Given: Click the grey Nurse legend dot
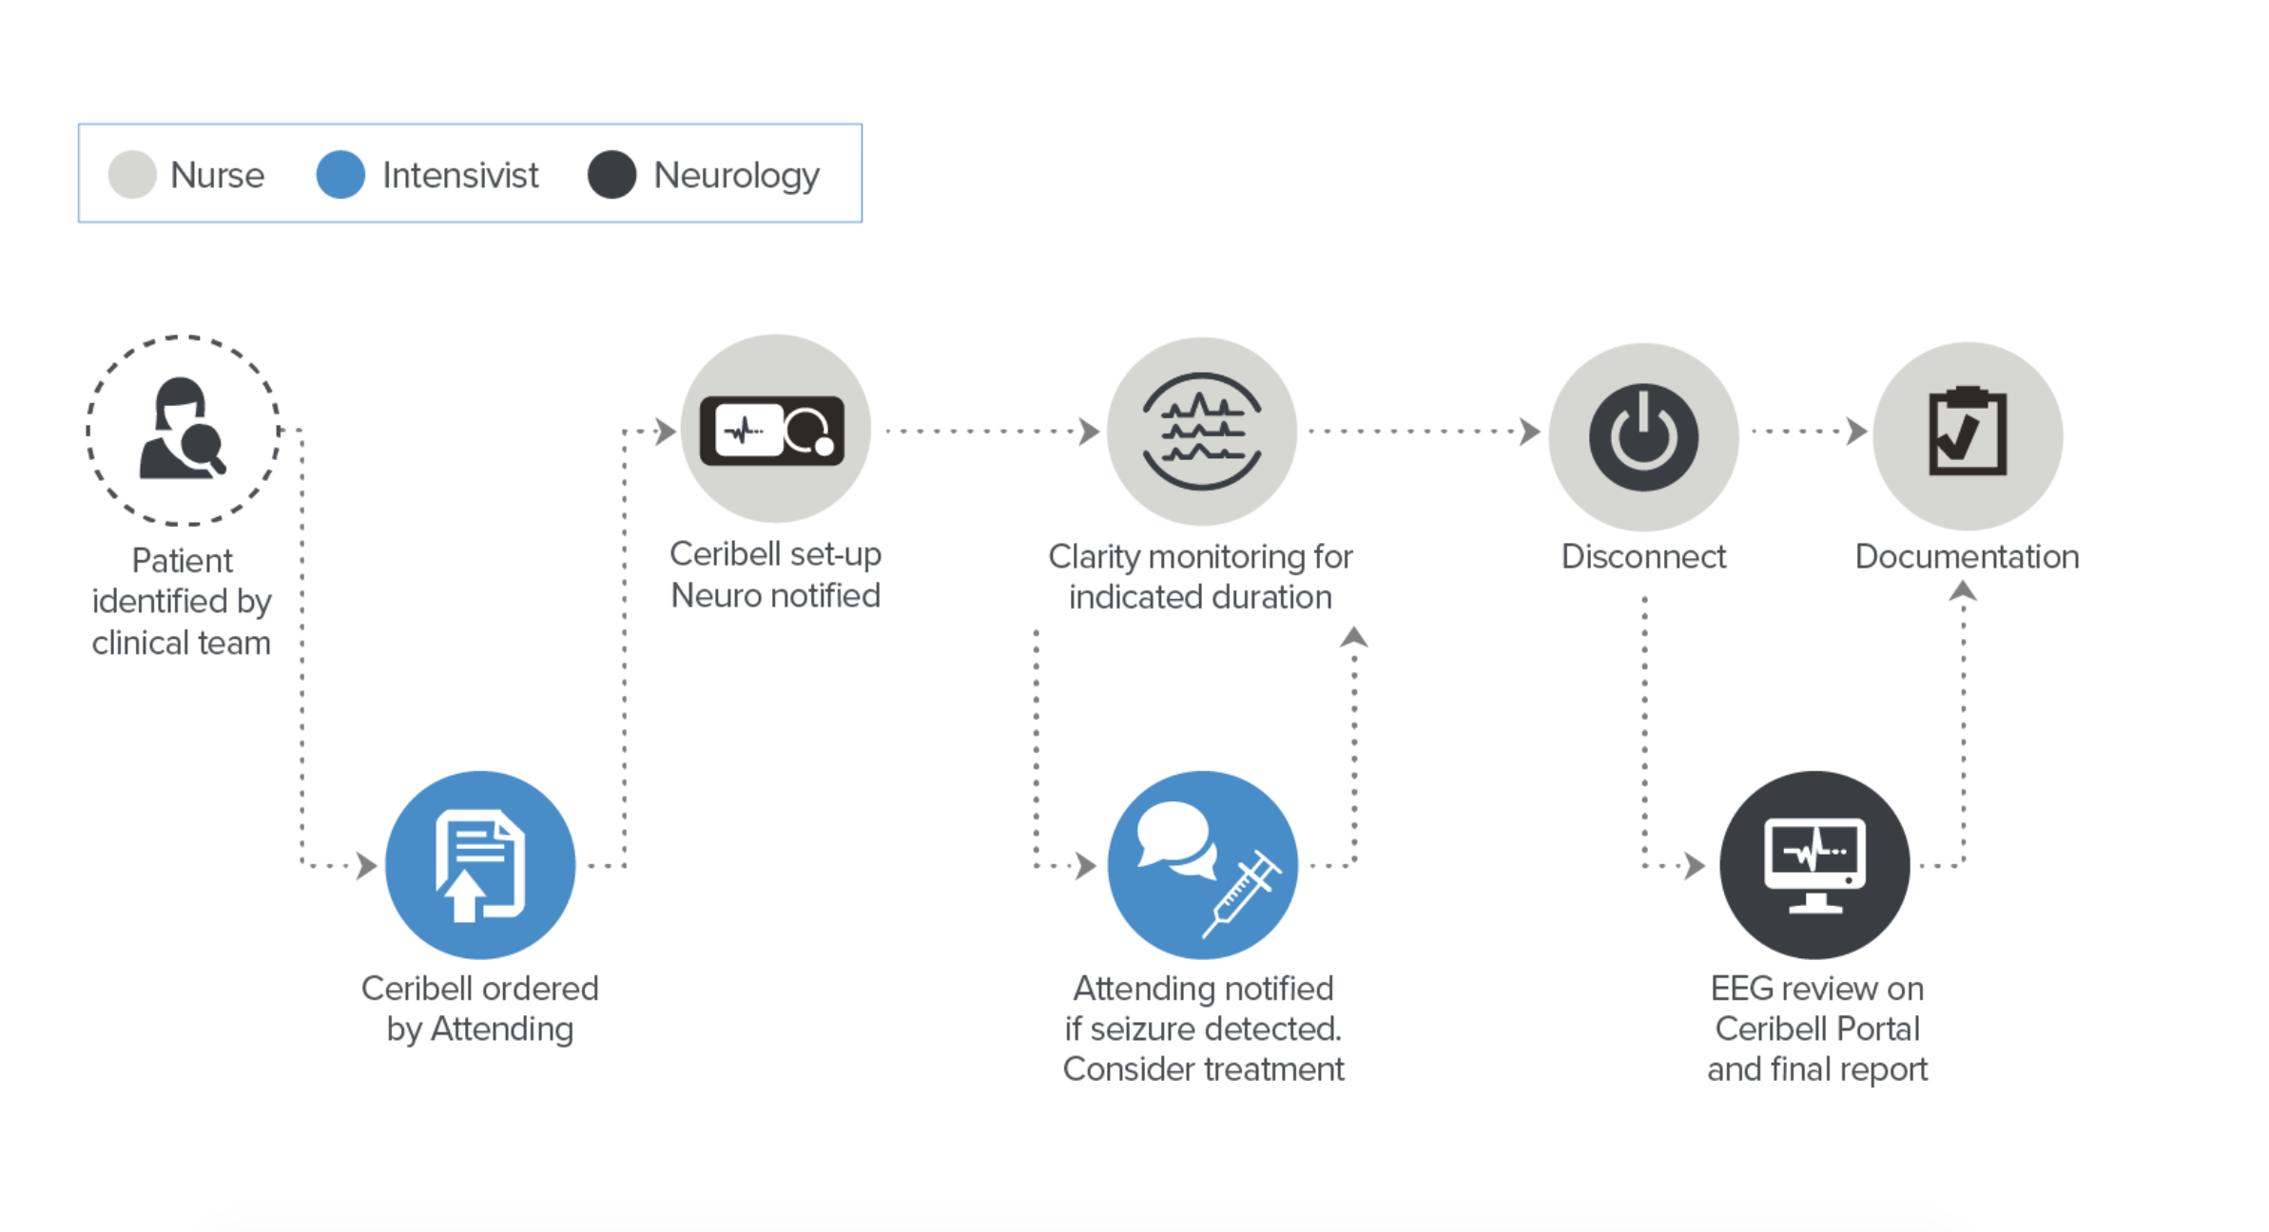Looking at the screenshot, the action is (132, 175).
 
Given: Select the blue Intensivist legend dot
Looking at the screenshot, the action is (340, 175).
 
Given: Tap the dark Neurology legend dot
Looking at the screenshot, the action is (611, 175).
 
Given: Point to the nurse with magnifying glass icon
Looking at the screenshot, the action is (183, 429).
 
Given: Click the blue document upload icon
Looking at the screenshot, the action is (480, 865).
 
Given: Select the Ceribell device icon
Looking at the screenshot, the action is (772, 431).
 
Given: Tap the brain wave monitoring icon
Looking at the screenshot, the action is (1202, 431).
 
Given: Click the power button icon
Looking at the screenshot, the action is (1643, 437).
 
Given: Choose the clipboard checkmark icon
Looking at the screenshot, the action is (1968, 431).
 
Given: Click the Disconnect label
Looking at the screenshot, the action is (1643, 557).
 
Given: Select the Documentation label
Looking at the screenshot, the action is (1967, 557).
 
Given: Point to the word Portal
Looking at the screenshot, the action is (1878, 1030).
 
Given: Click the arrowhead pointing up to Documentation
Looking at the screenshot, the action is (1963, 592).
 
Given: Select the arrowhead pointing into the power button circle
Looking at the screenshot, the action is (1530, 431).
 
